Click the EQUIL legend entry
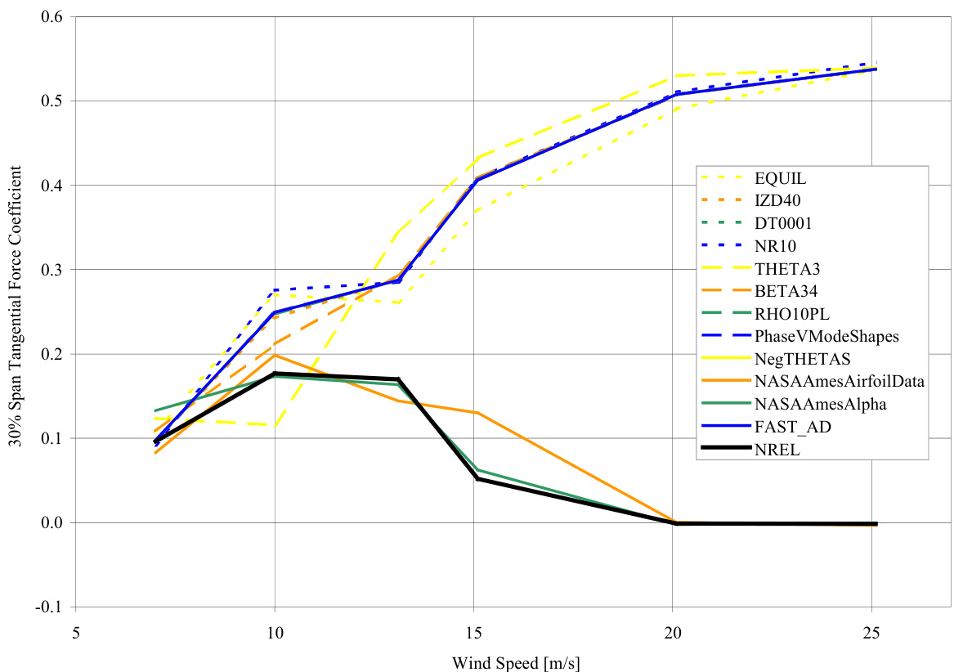coord(776,179)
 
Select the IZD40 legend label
coord(777,201)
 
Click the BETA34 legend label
coord(782,290)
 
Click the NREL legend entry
coord(775,447)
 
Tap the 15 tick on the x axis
coord(474,632)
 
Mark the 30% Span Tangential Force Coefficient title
coord(16,311)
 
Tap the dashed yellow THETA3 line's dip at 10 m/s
coord(275,425)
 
